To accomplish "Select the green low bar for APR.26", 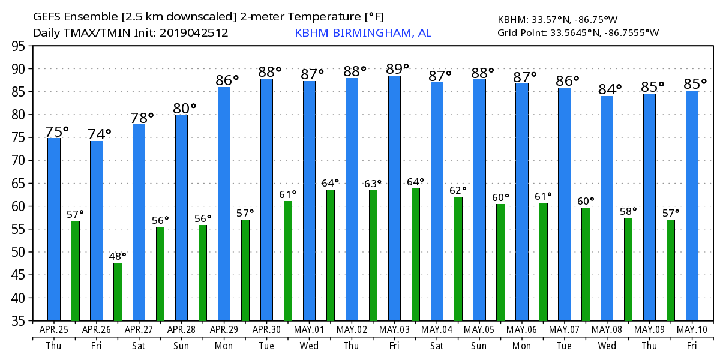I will coord(118,292).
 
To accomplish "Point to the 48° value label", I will coord(118,256).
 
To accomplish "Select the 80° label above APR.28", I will coord(185,109).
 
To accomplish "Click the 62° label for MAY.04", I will coord(458,190).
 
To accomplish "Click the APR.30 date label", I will coord(266,329).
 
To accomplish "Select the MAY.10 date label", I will coord(692,329).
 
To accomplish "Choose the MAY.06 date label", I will coord(521,329).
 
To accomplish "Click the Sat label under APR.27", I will coord(139,346).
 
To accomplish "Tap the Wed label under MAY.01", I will coord(309,346).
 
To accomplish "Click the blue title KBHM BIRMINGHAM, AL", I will coord(362,33).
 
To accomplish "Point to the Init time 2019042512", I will coord(194,33).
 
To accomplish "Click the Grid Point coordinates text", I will coord(578,32).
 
